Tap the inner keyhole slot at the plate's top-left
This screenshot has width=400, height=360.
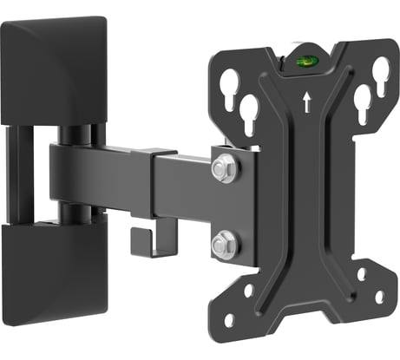[x=251, y=112]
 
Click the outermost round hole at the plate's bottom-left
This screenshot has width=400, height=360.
[x=229, y=319]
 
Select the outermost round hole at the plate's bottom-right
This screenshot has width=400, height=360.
[x=379, y=298]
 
